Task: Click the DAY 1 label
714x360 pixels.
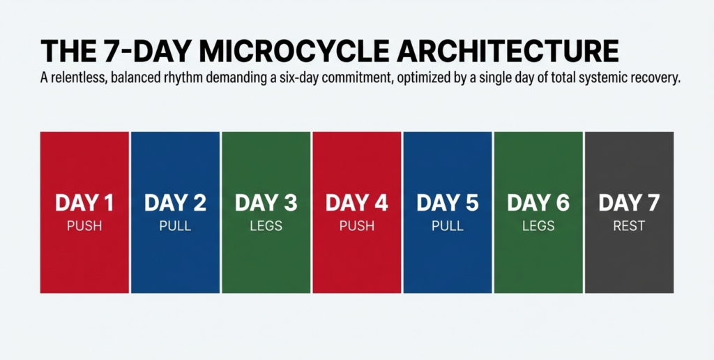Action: [x=84, y=203]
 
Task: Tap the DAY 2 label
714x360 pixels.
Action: [x=175, y=203]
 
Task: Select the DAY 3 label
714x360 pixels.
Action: [x=266, y=203]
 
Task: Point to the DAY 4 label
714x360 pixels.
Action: [x=357, y=203]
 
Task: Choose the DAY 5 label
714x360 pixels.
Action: [x=448, y=203]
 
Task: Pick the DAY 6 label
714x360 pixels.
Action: [x=538, y=203]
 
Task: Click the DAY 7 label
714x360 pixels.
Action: [x=629, y=203]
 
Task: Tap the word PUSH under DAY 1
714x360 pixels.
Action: [x=84, y=226]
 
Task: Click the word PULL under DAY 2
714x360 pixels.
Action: [x=175, y=226]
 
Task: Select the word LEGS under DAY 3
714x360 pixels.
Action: [x=266, y=226]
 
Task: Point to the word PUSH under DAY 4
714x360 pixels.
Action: [x=357, y=226]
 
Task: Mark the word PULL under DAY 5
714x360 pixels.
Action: [x=448, y=226]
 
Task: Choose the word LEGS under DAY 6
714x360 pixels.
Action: [x=538, y=226]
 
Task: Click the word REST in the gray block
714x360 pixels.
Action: [x=629, y=226]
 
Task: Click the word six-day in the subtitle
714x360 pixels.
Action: [x=317, y=79]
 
